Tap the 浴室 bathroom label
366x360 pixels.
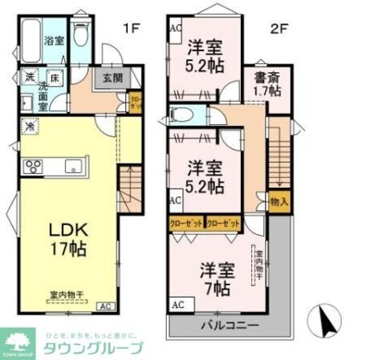54,41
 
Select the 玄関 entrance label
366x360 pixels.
112,79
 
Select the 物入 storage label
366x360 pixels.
279,204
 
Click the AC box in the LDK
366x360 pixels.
105,306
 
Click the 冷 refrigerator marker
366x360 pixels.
29,127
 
